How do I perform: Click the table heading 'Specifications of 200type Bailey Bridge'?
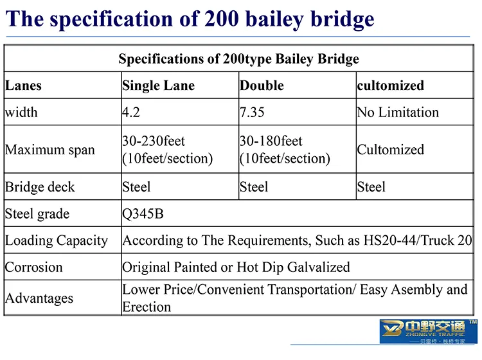pos(238,59)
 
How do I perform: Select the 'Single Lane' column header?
pos(158,85)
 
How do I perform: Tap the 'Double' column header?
pos(262,85)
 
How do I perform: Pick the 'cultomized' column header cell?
pos(390,85)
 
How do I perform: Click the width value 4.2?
pos(132,113)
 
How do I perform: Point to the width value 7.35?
pos(252,113)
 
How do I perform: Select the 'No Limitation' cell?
pos(398,113)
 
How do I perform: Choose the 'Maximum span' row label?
pos(50,150)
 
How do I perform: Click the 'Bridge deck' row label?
pos(40,187)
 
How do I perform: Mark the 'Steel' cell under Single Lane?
pos(136,187)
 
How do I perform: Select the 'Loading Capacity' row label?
pos(57,241)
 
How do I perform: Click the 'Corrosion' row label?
pos(34,267)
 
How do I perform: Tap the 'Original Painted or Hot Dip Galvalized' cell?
pos(236,267)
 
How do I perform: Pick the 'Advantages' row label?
pos(39,298)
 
